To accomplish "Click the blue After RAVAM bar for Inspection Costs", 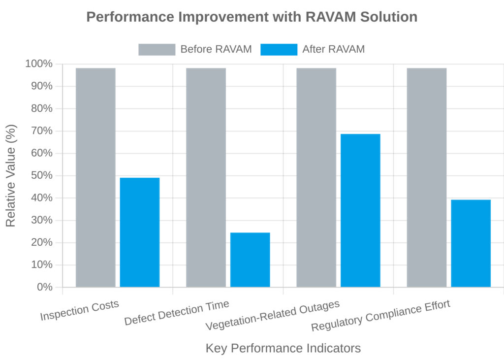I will pyautogui.click(x=140, y=232).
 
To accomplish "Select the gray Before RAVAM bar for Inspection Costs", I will pyautogui.click(x=95, y=177).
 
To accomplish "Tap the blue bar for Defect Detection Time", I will pyautogui.click(x=250, y=260).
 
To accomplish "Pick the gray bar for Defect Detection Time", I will pyautogui.click(x=206, y=177).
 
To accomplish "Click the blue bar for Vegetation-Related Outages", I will pyautogui.click(x=360, y=210).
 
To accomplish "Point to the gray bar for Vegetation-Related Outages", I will pyautogui.click(x=316, y=177).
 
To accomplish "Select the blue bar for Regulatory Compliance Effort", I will pyautogui.click(x=471, y=243).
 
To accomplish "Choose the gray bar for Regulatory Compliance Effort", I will pyautogui.click(x=427, y=177).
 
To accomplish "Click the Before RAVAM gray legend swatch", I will pyautogui.click(x=157, y=49).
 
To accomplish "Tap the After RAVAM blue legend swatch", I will pyautogui.click(x=279, y=49).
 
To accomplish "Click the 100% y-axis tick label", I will pyautogui.click(x=38, y=64).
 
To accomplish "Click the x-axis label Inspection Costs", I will pyautogui.click(x=80, y=310).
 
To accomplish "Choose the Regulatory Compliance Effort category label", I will pyautogui.click(x=380, y=315).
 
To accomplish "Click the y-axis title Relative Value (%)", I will pyautogui.click(x=11, y=176).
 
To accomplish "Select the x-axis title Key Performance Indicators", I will pyautogui.click(x=283, y=348).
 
